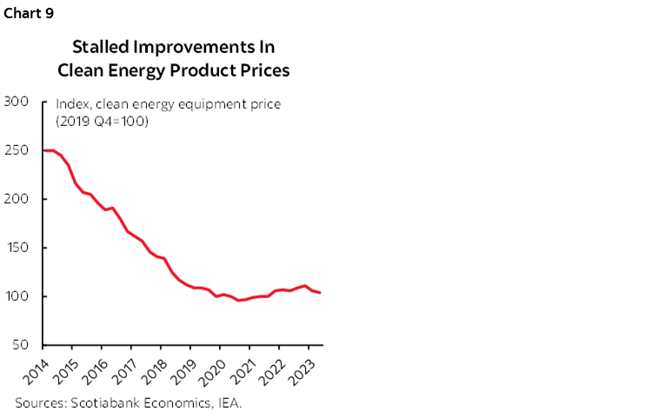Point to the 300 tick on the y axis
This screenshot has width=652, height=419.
pyautogui.click(x=19, y=102)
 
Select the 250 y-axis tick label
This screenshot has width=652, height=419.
pyautogui.click(x=19, y=150)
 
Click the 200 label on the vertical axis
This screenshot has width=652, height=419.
pyautogui.click(x=19, y=199)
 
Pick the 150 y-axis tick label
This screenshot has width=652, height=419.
pyautogui.click(x=19, y=248)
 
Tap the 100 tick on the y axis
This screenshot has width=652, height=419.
pyautogui.click(x=19, y=296)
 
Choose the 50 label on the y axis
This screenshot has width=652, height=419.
pyautogui.click(x=23, y=345)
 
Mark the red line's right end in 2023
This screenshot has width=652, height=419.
pyautogui.click(x=320, y=293)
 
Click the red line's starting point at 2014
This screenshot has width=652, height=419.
pyautogui.click(x=43, y=150)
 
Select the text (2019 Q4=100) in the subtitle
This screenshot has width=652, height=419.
pyautogui.click(x=103, y=121)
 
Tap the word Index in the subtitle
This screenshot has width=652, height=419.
pyautogui.click(x=72, y=104)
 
